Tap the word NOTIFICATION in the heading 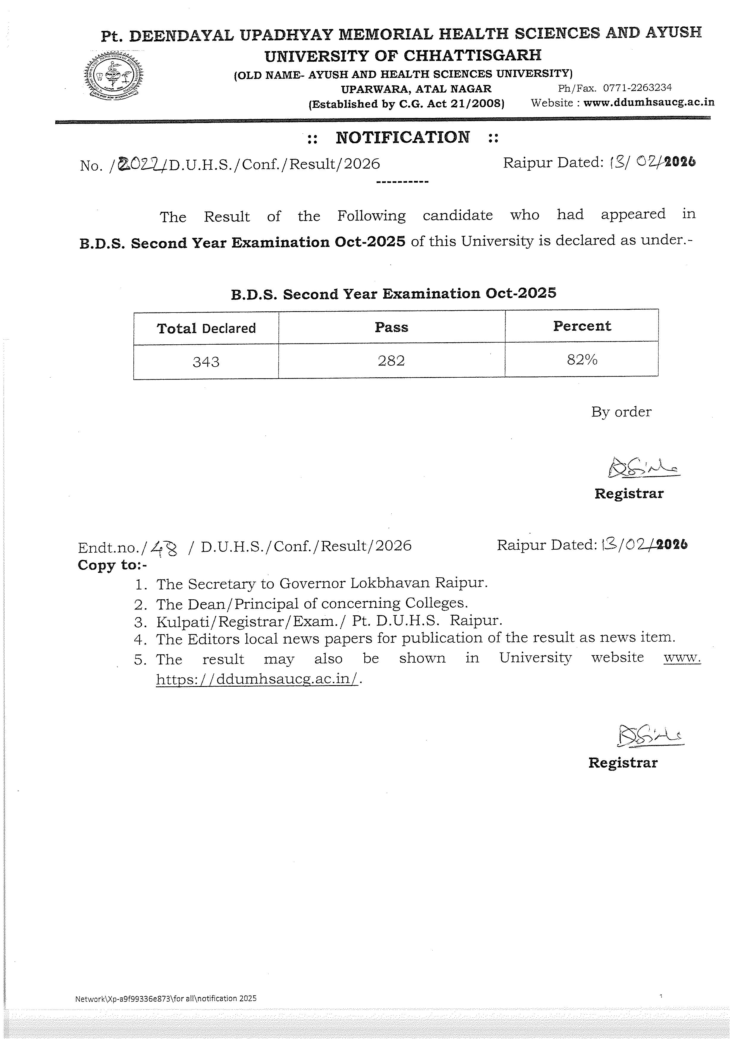(403, 137)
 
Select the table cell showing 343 (206, 362)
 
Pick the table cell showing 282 (391, 361)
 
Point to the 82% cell (582, 360)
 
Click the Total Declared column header (206, 328)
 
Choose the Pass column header (391, 327)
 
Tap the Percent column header (582, 326)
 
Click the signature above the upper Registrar (642, 468)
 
